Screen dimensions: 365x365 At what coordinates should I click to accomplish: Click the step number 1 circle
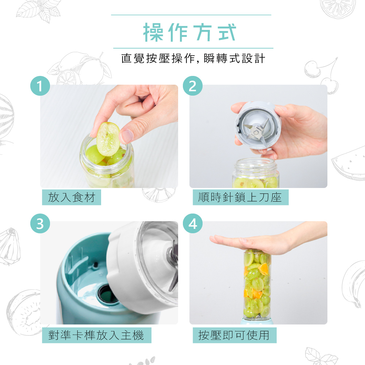coord(40,86)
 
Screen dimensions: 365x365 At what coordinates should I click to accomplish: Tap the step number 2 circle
coord(192,86)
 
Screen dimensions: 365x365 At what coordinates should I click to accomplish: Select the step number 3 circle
coord(40,223)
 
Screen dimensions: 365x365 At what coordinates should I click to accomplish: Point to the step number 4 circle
coord(192,223)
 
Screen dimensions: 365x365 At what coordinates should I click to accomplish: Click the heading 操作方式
coord(190,32)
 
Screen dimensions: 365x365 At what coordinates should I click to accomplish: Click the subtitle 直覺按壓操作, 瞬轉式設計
coord(193,58)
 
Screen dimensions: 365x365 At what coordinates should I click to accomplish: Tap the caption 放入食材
coord(72,197)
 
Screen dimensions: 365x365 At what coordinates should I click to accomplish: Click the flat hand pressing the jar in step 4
coord(268,240)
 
